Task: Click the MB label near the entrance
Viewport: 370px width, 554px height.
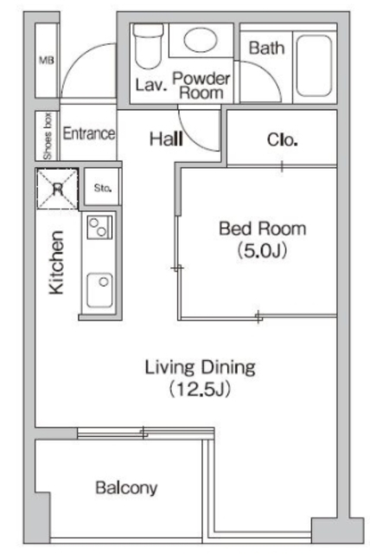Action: coord(47,61)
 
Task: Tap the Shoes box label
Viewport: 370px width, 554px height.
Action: coord(48,136)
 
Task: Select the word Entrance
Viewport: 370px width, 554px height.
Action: coord(88,133)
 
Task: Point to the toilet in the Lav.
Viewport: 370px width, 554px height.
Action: coord(149,46)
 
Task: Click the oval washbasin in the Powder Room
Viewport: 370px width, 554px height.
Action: coord(201,40)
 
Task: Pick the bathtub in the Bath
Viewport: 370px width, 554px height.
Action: coord(314,66)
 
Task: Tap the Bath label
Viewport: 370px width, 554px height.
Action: coord(266,48)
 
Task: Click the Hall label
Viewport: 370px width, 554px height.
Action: coord(166,138)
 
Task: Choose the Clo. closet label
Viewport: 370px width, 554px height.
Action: coord(282,140)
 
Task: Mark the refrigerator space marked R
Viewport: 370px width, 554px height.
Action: coord(57,189)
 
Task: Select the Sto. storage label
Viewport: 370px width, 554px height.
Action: coord(103,188)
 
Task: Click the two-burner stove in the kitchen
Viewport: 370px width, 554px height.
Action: coord(99,227)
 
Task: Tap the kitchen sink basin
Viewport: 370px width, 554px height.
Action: coord(100,290)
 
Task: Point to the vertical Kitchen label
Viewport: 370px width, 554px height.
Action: coord(56,262)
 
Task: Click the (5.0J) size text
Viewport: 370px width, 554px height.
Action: coord(261,250)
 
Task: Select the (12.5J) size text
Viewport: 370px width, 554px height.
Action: coord(200,389)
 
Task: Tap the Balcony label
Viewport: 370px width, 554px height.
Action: coord(126,488)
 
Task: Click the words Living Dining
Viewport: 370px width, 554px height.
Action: coord(200,367)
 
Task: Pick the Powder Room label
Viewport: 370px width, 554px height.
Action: coord(201,86)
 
